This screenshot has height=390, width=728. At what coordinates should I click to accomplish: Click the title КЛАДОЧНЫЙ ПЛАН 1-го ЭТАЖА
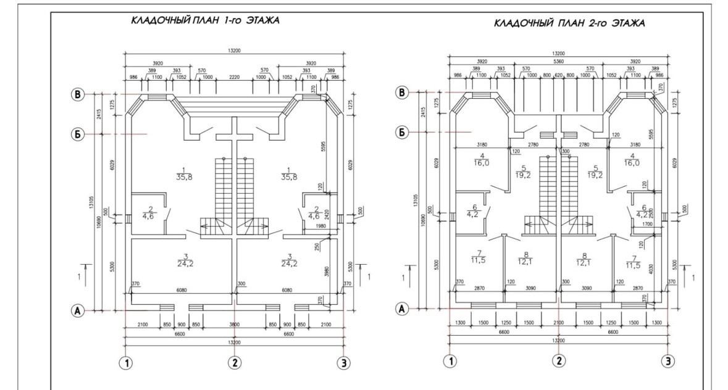[205, 20]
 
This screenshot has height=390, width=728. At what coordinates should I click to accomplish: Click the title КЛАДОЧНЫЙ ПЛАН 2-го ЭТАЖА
[569, 23]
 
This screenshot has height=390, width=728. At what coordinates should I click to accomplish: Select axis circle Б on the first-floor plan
[78, 134]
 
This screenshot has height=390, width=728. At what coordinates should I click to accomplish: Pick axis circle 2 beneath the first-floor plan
[233, 362]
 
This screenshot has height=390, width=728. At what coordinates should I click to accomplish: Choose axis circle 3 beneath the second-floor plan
[668, 361]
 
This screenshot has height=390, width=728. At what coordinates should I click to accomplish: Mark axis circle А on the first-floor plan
[78, 311]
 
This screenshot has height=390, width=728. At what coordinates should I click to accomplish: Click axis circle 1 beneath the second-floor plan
[451, 361]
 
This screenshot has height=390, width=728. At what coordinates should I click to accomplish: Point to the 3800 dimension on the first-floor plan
[235, 324]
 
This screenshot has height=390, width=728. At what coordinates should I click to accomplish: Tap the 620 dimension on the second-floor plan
[559, 76]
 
